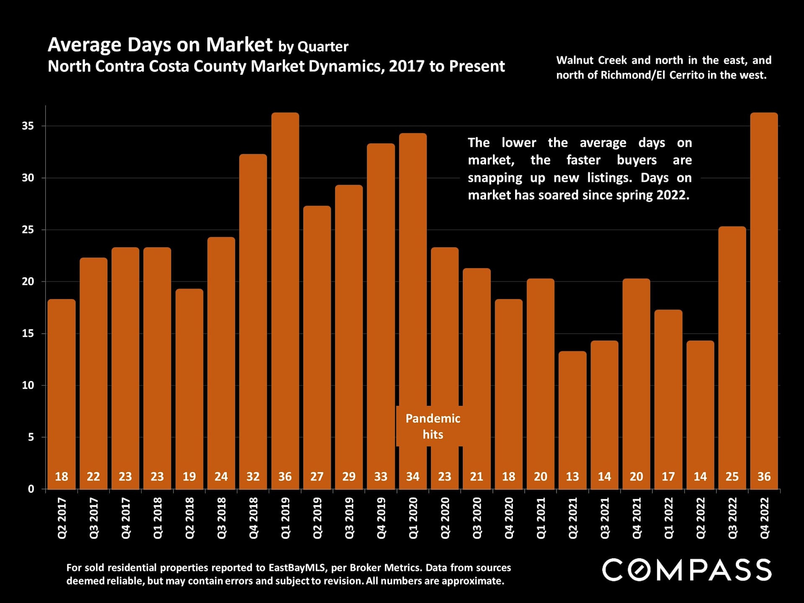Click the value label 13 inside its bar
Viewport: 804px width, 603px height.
click(x=572, y=477)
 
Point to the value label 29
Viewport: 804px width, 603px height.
click(x=349, y=477)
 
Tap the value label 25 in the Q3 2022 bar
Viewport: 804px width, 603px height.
click(x=732, y=477)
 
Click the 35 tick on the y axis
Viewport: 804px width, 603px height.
click(x=28, y=126)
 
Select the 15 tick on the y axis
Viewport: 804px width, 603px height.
click(x=28, y=333)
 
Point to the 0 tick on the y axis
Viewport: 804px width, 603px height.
click(x=31, y=489)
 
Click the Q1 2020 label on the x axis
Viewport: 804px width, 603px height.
click(x=413, y=518)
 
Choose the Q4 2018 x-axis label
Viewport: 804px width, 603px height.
click(x=253, y=518)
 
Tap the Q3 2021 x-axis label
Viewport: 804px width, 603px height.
click(x=604, y=518)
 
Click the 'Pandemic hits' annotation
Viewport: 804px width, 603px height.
click(x=433, y=426)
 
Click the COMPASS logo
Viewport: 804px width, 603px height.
click(x=687, y=570)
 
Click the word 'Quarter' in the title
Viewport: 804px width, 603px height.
click(x=323, y=47)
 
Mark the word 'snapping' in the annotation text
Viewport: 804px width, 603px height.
click(x=495, y=178)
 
